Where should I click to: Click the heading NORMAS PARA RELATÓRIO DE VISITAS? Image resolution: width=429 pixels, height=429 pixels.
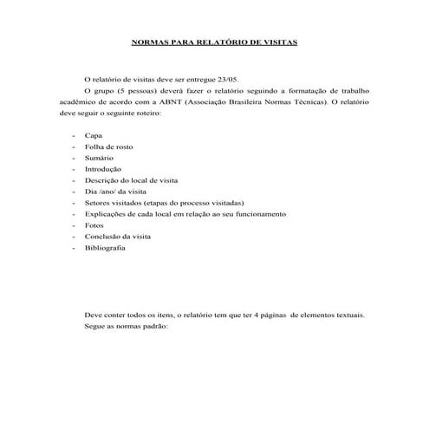(x=213, y=40)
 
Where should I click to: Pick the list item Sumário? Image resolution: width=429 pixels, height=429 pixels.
(x=100, y=159)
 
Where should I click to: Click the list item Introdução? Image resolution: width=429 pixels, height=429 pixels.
(x=103, y=169)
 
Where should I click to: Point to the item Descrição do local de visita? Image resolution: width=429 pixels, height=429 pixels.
(x=131, y=179)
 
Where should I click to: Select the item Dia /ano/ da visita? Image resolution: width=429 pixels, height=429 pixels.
(x=116, y=191)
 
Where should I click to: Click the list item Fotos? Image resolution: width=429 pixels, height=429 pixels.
(x=94, y=224)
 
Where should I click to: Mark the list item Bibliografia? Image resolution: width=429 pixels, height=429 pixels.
(x=105, y=247)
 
